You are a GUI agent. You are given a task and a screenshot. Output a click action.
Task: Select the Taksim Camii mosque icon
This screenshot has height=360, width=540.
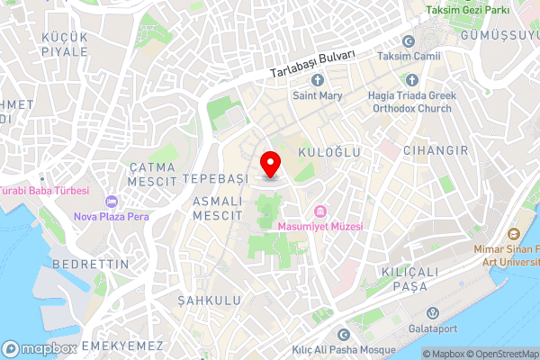(x=409, y=41)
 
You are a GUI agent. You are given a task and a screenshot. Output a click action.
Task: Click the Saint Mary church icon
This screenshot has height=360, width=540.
(x=317, y=81)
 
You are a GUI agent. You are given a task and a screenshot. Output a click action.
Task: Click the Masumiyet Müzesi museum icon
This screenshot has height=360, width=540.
(x=319, y=212)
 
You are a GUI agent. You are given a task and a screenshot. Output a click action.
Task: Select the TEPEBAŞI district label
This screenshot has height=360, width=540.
(x=214, y=178)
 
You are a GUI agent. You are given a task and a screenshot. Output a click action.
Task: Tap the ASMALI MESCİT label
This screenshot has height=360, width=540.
(x=218, y=209)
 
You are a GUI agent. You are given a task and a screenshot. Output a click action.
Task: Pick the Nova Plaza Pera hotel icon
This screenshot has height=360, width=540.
(x=112, y=202)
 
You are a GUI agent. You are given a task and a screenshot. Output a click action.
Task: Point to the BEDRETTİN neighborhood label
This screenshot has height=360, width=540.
(x=92, y=264)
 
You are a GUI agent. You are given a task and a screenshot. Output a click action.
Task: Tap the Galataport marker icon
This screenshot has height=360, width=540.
(x=433, y=313)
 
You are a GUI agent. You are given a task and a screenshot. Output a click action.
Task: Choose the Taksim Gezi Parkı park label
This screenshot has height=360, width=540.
(x=467, y=10)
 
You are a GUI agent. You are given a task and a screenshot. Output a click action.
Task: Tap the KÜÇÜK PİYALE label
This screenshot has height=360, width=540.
(x=65, y=44)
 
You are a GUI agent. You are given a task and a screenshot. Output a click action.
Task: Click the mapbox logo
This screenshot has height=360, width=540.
(x=39, y=348)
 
